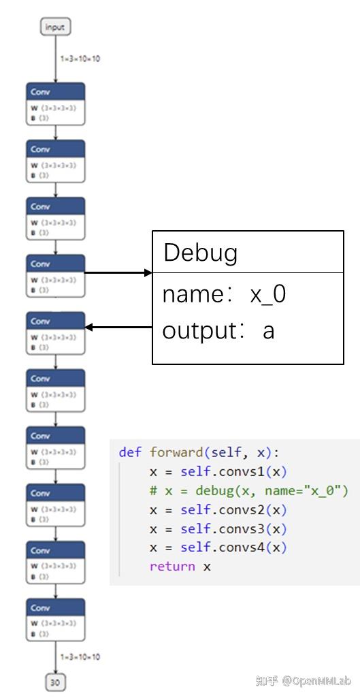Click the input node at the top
point(54,27)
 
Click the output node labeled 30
point(55,682)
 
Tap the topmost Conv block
point(56,104)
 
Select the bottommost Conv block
point(56,619)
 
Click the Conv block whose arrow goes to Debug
point(56,275)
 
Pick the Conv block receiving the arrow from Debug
point(56,332)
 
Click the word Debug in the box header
point(201,253)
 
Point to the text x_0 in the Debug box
point(268,295)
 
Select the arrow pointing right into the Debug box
point(118,273)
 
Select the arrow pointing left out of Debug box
point(118,328)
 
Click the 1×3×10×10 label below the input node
point(80,59)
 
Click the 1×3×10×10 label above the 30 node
point(80,657)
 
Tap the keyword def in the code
point(131,452)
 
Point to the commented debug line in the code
point(248,490)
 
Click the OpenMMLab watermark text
point(317,681)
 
